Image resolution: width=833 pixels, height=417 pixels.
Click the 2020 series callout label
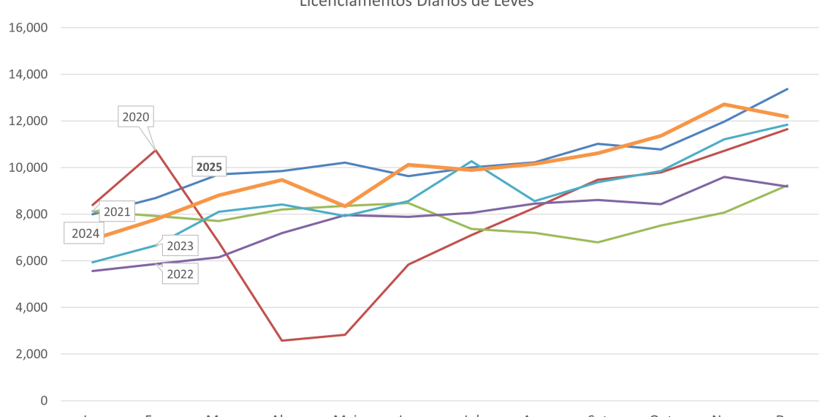(136, 117)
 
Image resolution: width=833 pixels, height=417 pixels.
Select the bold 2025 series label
(209, 167)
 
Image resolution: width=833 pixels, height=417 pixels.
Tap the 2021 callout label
(117, 212)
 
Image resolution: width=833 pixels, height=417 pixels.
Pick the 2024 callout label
(85, 234)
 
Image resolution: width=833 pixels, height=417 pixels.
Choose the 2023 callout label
(180, 246)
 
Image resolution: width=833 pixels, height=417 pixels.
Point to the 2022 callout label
(180, 274)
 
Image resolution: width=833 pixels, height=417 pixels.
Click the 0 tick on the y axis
(45, 401)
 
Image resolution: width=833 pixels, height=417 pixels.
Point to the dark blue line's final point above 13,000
(786, 89)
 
